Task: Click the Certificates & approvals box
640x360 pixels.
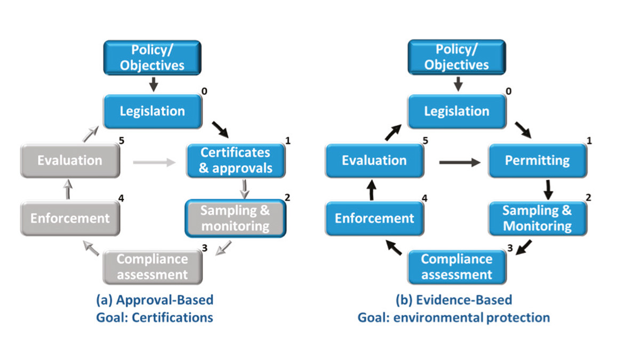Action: (x=236, y=161)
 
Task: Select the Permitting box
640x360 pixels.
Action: (x=537, y=160)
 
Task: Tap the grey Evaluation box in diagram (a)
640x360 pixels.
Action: (x=69, y=161)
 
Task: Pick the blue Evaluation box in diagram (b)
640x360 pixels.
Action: (x=374, y=161)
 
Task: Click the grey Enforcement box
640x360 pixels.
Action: (x=69, y=218)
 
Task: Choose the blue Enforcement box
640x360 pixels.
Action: (x=374, y=218)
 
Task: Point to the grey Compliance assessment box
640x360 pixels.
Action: (x=153, y=267)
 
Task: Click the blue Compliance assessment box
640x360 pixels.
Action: (x=457, y=267)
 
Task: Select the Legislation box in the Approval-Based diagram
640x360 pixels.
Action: (x=153, y=111)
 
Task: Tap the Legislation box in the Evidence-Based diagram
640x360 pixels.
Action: (x=457, y=111)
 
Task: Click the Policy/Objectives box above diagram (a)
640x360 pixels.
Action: (x=153, y=58)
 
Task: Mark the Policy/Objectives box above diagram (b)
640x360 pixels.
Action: (x=457, y=58)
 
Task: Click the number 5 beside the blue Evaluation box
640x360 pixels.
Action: (x=425, y=141)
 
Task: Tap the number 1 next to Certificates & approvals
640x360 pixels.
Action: (x=288, y=141)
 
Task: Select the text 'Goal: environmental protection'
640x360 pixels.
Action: (x=453, y=318)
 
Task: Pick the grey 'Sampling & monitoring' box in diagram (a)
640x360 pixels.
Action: (x=235, y=218)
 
